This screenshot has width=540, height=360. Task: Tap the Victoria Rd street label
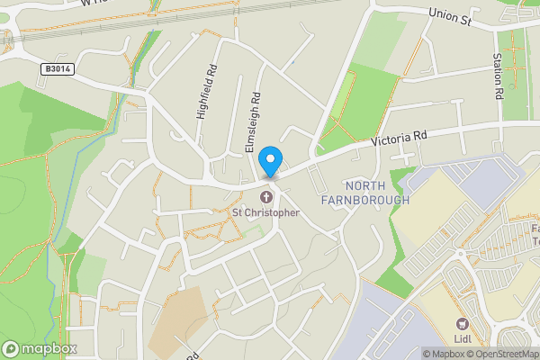coord(398,139)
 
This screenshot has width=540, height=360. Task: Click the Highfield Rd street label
coord(205,92)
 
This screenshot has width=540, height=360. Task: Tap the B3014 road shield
coord(56,67)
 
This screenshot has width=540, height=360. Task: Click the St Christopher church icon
coord(266,197)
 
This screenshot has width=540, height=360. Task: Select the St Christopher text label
coord(265,213)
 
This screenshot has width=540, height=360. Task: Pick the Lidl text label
coord(463,340)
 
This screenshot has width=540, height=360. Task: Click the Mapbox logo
coord(38,348)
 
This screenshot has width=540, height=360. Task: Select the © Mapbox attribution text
coord(443,354)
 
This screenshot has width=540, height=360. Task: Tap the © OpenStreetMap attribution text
coord(503,354)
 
